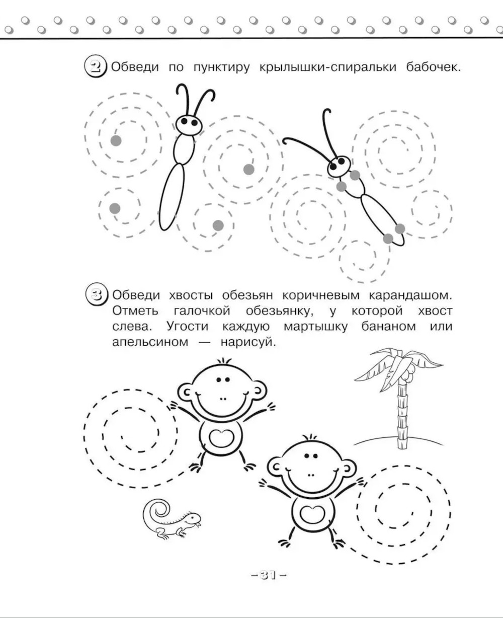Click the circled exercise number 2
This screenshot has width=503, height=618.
[x=96, y=67]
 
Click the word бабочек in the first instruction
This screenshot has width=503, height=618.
[x=433, y=67]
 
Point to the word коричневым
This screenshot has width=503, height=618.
[x=320, y=295]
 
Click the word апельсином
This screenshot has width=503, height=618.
[x=150, y=342]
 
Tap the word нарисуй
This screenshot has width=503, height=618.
[x=248, y=342]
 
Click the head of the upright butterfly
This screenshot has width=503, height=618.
[x=189, y=125]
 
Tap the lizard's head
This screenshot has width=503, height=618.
[x=193, y=518]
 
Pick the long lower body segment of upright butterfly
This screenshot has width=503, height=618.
[x=172, y=197]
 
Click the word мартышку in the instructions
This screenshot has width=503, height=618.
[x=315, y=327]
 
